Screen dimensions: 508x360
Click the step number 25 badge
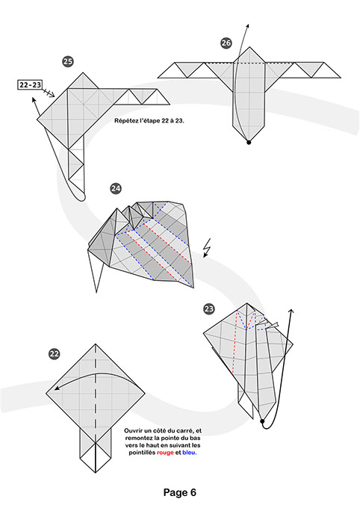coord(68,62)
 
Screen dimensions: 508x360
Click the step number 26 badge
coord(226,44)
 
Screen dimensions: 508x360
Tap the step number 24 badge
coord(116,188)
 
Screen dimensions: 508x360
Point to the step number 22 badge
coord(54,354)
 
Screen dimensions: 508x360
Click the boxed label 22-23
coord(31,86)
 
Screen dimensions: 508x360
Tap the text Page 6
coord(179,492)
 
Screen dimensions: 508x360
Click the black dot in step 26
coord(249,140)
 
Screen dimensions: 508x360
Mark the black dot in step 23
coord(263,422)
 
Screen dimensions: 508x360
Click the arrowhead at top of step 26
coord(247,26)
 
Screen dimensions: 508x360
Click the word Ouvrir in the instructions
coord(134,431)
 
